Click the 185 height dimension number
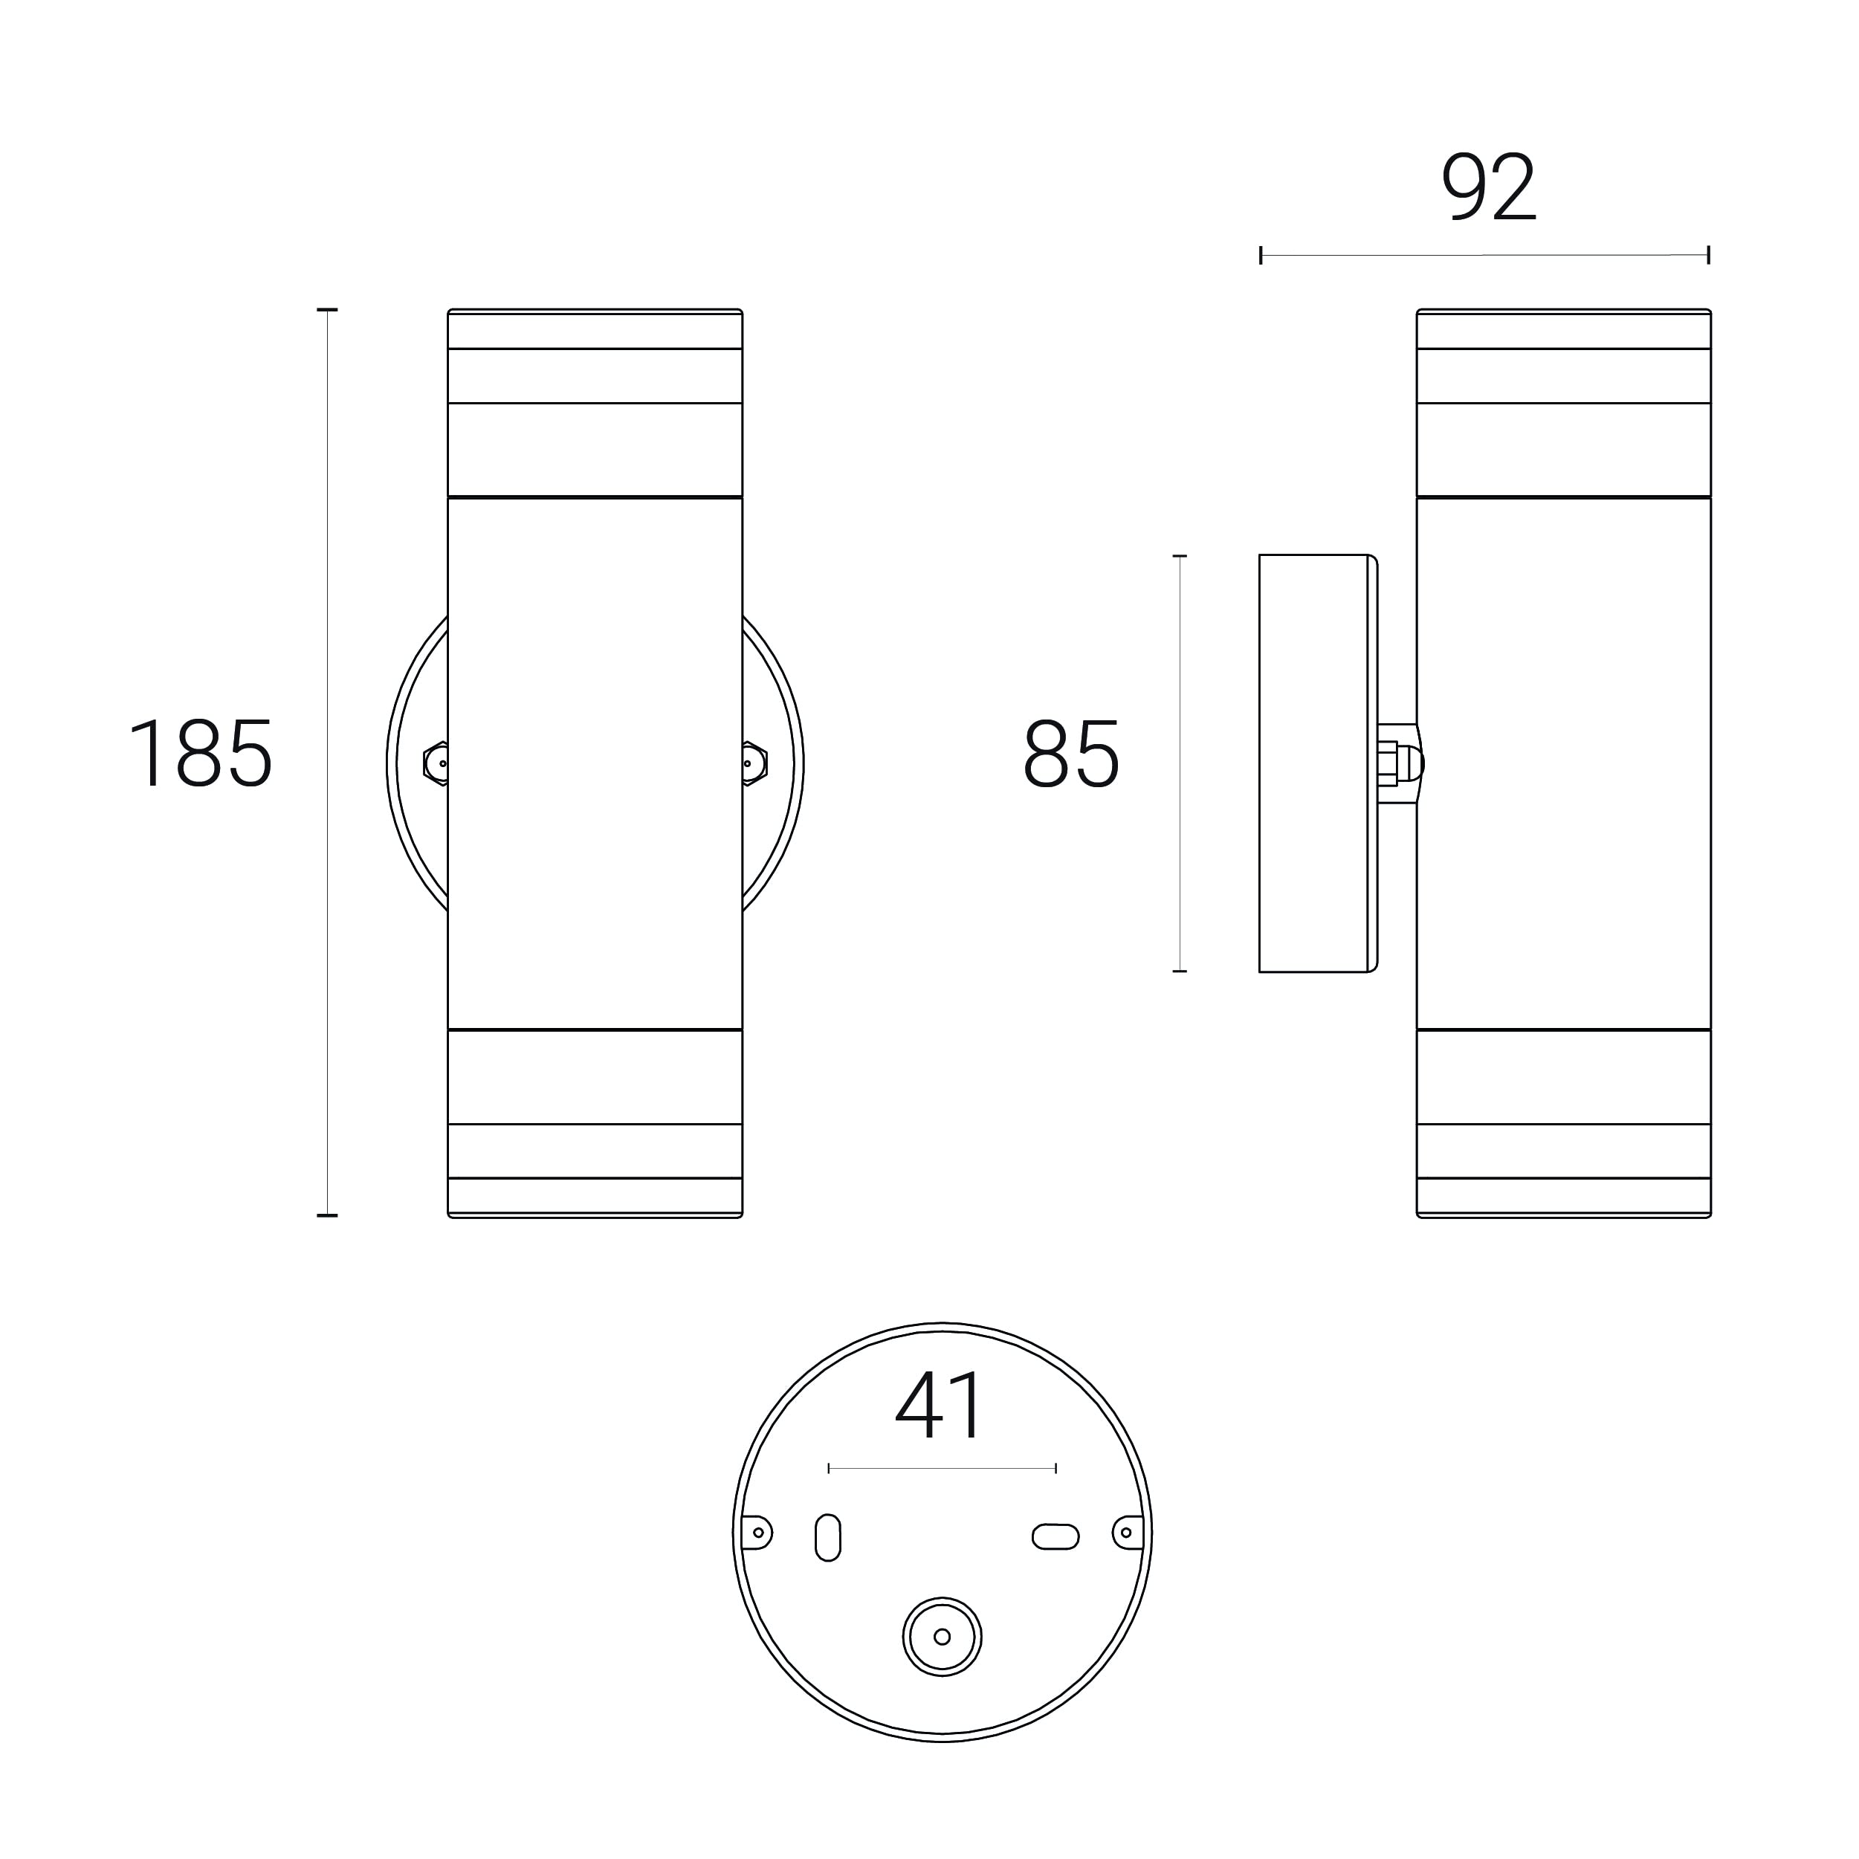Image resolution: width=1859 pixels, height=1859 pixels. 201,754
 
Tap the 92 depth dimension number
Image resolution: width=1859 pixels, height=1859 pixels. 1489,187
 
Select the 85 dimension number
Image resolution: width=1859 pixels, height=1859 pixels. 1071,754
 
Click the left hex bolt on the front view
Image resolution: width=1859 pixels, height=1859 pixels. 436,764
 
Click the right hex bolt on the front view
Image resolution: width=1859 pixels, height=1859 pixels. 754,764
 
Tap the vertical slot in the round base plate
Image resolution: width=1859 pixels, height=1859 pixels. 827,1538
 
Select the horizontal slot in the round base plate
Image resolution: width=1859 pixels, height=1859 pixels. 1055,1536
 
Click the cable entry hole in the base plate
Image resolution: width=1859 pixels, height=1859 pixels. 942,1637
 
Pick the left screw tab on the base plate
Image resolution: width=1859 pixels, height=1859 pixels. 756,1533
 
